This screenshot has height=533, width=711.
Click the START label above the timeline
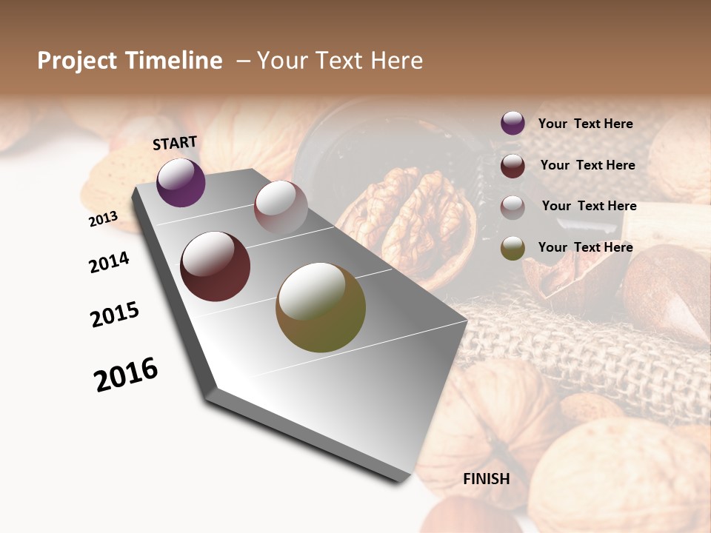175,143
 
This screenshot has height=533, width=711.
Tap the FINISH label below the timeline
486,479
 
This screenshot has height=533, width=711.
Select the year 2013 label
104,219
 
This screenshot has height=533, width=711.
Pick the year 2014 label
109,262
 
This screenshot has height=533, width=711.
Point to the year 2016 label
126,375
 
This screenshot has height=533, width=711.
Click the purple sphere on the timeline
181,183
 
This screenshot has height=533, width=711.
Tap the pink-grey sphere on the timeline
281,207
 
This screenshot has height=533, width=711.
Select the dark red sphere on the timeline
216,266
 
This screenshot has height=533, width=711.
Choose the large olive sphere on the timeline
321,307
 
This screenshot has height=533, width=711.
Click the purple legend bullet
513,124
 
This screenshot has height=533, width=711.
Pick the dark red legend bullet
513,166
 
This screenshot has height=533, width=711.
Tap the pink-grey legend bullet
513,207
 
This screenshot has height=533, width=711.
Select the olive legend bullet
513,248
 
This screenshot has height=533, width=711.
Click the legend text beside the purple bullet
585,124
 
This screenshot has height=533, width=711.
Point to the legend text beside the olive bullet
585,247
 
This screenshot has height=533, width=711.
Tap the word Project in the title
77,61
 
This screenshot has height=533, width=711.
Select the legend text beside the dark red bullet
587,165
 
